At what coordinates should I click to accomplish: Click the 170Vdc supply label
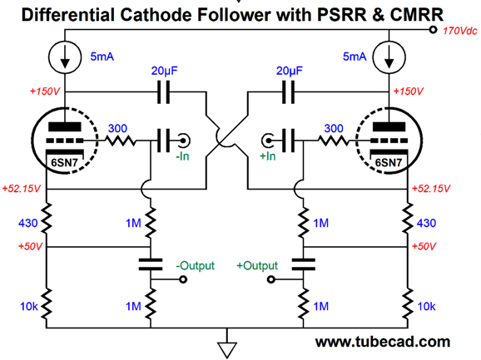[460, 31]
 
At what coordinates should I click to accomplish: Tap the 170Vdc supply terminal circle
[433, 30]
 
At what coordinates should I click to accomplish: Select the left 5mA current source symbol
[65, 57]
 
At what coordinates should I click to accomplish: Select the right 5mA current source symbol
[389, 57]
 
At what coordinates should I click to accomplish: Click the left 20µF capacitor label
[165, 71]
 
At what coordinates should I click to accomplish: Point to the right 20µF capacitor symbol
[289, 91]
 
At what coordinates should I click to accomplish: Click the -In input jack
[184, 141]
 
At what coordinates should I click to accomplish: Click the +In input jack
[268, 141]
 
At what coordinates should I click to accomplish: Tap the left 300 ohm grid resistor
[120, 141]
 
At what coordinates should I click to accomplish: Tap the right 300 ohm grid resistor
[334, 141]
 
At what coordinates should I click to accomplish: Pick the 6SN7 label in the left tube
[64, 162]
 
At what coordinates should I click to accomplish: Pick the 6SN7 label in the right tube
[389, 162]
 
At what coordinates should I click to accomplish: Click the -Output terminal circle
[183, 279]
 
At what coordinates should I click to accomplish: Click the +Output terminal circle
[270, 279]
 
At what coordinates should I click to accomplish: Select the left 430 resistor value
[28, 223]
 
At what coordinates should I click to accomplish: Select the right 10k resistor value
[426, 306]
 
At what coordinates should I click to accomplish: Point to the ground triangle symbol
[227, 349]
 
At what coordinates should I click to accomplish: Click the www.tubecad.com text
[383, 342]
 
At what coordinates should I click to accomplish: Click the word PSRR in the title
[342, 15]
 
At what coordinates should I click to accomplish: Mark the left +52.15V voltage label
[22, 189]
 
